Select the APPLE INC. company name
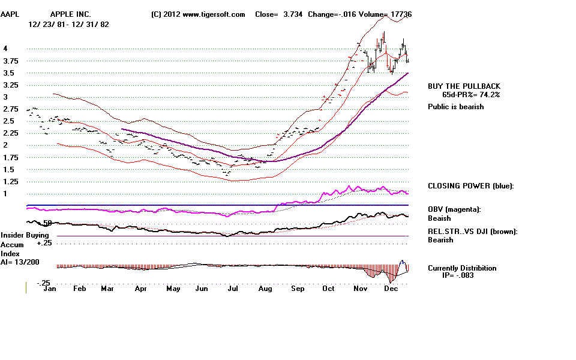(71, 14)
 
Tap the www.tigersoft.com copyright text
(198, 14)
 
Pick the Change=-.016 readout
(331, 14)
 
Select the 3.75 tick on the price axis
(10, 61)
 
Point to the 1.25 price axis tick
(10, 181)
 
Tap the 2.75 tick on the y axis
(10, 109)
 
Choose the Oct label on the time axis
(328, 288)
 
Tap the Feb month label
(79, 288)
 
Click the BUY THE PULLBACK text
(464, 86)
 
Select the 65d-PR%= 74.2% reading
(471, 95)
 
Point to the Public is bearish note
(456, 107)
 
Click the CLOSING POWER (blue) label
(471, 186)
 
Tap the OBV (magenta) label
(455, 209)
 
